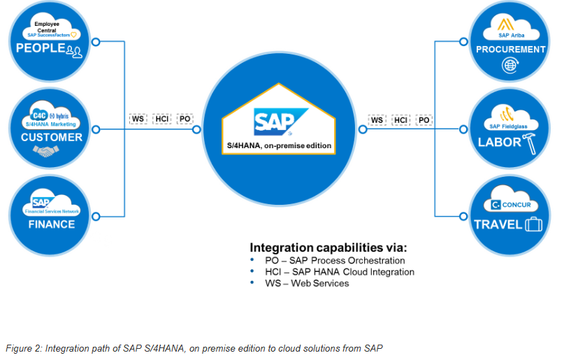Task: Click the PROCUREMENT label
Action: click(x=510, y=50)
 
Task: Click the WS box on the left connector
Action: click(x=138, y=119)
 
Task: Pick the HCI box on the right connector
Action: click(x=400, y=120)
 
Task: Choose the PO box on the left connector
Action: click(x=185, y=119)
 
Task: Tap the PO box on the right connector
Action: click(x=424, y=120)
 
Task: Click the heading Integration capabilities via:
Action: click(x=328, y=247)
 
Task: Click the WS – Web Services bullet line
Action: click(x=306, y=283)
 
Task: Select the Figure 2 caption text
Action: click(x=194, y=347)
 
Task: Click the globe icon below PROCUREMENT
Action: click(x=510, y=66)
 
